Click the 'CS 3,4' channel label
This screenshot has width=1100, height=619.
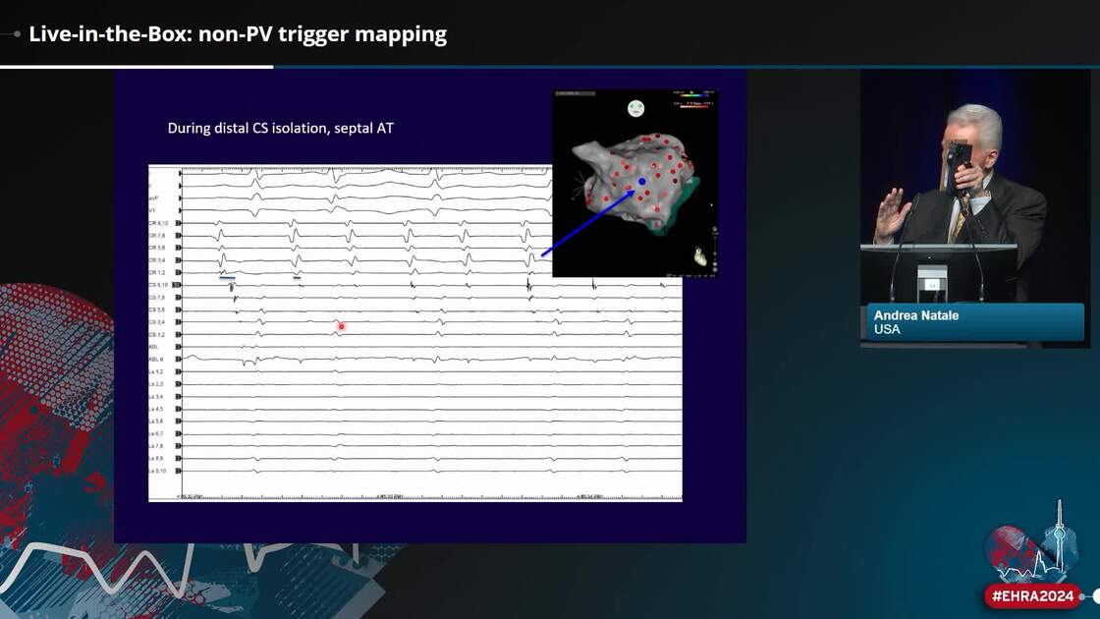tap(157, 322)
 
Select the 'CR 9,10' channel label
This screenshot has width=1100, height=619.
tap(157, 224)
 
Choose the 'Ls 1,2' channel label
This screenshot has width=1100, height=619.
tap(156, 372)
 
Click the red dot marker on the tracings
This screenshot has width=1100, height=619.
tap(341, 326)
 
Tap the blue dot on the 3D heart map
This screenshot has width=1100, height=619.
tap(641, 182)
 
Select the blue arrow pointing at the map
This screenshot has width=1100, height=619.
tap(589, 219)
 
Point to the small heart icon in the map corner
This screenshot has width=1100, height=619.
tap(698, 257)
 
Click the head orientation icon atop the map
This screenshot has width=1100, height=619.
tap(635, 107)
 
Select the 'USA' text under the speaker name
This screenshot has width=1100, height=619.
tap(887, 330)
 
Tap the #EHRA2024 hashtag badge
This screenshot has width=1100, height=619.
tap(1033, 595)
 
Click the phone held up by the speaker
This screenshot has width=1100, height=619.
tap(959, 156)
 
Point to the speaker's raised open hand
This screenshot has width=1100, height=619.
tap(892, 213)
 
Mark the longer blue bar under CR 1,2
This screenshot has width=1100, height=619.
tap(226, 278)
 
